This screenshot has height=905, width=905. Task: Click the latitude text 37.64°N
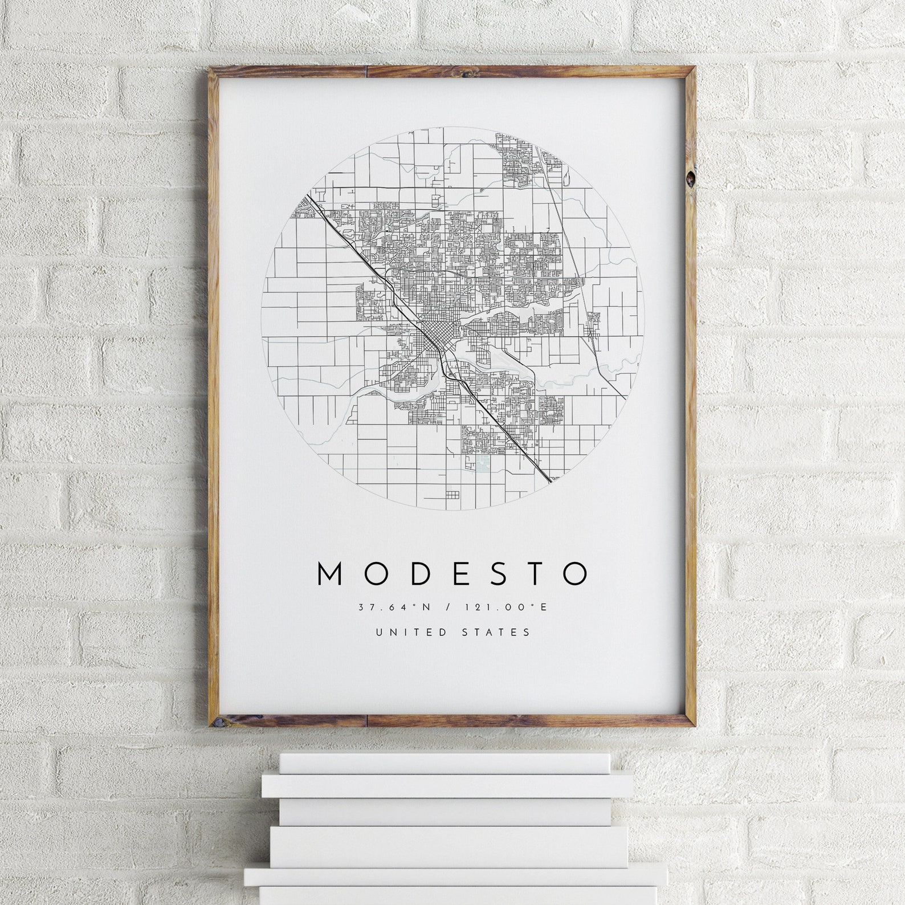(393, 608)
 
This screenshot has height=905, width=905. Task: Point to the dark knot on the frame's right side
(691, 178)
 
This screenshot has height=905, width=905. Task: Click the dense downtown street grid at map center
(436, 333)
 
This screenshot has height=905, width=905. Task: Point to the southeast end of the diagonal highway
(550, 480)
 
